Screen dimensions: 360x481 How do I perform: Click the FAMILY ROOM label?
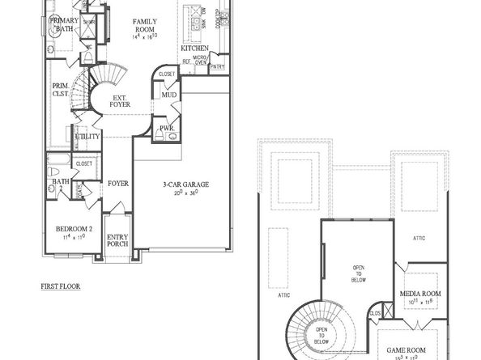146,22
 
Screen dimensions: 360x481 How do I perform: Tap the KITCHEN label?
195,49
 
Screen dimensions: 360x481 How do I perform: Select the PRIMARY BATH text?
65,23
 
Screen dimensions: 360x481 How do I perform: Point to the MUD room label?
168,95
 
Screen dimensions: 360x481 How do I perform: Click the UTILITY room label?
87,136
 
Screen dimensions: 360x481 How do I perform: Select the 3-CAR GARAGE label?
181,184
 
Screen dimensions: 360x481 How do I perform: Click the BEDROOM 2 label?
74,229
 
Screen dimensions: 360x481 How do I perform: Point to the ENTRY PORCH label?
117,240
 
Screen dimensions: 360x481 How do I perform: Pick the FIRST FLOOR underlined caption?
61,286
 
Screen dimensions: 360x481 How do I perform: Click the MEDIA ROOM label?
421,293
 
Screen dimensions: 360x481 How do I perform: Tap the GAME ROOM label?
407,351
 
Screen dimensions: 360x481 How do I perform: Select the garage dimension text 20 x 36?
181,193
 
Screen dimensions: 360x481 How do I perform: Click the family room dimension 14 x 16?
146,36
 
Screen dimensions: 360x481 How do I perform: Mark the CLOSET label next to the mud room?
168,74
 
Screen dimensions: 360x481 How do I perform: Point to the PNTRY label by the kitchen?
217,67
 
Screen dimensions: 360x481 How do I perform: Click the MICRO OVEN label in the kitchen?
200,61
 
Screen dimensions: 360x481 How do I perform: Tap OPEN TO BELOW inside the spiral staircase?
321,334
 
